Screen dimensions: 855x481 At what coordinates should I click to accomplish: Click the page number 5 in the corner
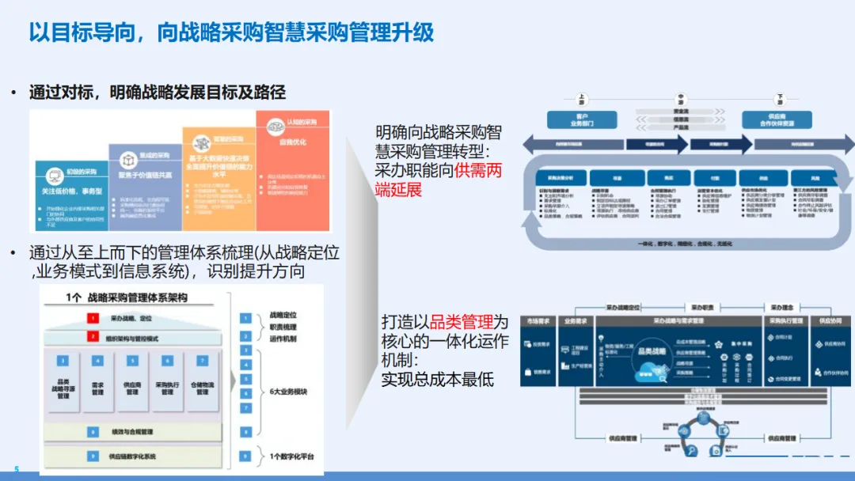(16, 469)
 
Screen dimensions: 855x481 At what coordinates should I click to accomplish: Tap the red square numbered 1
(93, 318)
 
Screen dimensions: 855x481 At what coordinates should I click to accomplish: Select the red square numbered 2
(93, 338)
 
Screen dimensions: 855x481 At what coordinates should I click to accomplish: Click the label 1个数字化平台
(291, 456)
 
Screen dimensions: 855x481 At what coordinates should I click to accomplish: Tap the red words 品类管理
(461, 323)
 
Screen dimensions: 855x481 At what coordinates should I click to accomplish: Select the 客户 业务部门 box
(582, 119)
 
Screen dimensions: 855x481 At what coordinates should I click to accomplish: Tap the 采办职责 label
(703, 307)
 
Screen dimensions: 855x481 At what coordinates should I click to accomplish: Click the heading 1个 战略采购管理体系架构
(138, 298)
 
